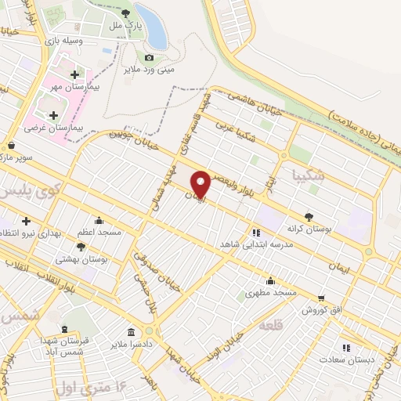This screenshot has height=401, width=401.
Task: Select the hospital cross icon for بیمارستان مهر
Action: pyautogui.click(x=74, y=75)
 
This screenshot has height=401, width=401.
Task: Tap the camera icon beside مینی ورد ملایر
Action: pyautogui.click(x=149, y=57)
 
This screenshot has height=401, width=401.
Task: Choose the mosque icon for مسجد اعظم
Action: pyautogui.click(x=99, y=220)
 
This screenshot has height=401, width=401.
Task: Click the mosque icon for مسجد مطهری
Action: pyautogui.click(x=270, y=280)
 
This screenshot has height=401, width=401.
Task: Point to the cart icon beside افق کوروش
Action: pyautogui.click(x=321, y=298)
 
